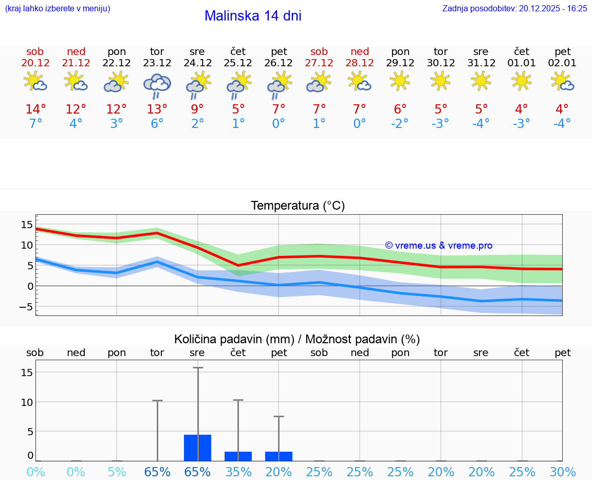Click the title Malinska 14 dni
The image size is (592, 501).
(253, 16)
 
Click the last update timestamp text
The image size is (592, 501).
(514, 9)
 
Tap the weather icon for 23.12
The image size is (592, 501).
(157, 85)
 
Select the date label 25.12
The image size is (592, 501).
(238, 63)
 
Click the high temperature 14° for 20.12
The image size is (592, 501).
(35, 109)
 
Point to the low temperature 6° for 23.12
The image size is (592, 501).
(157, 124)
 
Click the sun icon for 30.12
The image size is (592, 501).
(440, 81)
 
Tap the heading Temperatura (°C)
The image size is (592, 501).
(298, 206)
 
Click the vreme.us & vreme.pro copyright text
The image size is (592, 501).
(438, 246)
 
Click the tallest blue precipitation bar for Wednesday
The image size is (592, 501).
(197, 448)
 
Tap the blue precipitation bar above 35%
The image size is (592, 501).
(238, 456)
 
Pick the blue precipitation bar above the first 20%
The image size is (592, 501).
(279, 456)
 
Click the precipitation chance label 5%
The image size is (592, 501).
(117, 472)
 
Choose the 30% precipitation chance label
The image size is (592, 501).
(563, 472)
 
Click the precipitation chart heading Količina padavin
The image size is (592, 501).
(297, 339)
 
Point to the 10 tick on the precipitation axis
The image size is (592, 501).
(27, 402)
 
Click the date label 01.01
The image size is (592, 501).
(522, 63)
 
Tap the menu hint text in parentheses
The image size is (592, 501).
(57, 9)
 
